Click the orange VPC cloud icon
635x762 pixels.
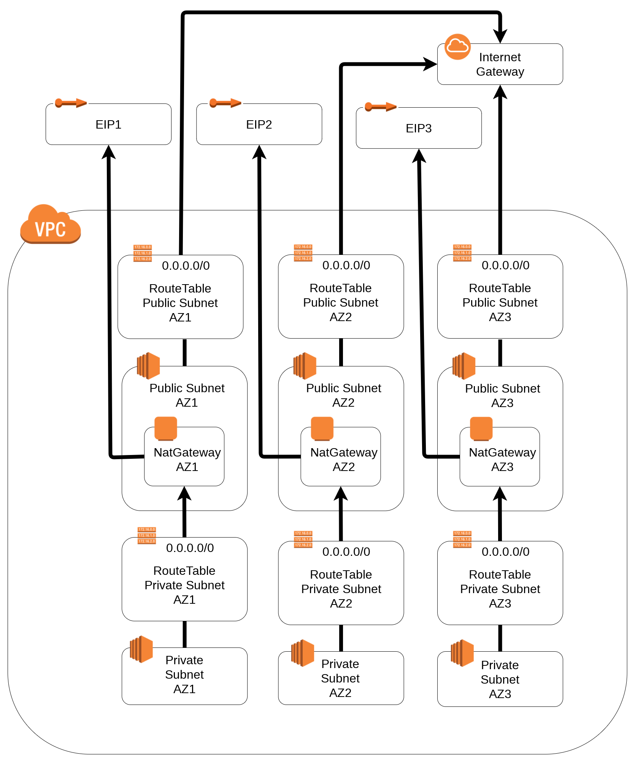(50, 225)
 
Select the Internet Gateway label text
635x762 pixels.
(500, 64)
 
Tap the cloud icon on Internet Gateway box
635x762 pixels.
(457, 47)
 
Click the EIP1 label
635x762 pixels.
(108, 124)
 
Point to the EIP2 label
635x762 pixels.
(259, 124)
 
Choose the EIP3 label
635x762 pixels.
(419, 128)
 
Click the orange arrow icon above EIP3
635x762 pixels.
(380, 107)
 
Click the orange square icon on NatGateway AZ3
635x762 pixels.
(481, 428)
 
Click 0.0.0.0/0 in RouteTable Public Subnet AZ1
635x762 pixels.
(186, 266)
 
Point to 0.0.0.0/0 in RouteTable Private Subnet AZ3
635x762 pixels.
(505, 552)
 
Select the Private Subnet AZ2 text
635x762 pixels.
(340, 678)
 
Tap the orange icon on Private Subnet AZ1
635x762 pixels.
(141, 649)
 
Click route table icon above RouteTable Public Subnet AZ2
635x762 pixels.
(303, 253)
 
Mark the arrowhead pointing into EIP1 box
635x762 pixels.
(109, 152)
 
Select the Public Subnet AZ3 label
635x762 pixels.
(502, 396)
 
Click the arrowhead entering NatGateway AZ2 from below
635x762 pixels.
(341, 493)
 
